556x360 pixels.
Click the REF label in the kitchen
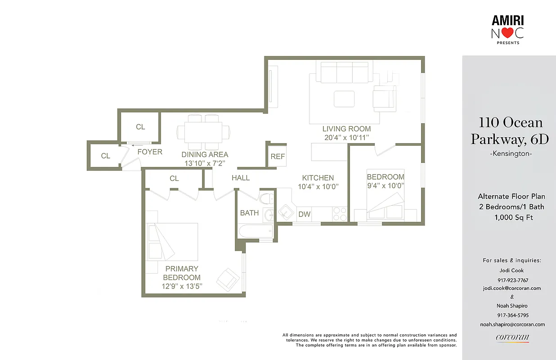[x=278, y=157]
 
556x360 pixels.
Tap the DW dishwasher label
[x=305, y=214]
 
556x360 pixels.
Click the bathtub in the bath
[x=256, y=232]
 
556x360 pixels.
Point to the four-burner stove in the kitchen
[x=340, y=214]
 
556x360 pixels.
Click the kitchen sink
[x=285, y=212]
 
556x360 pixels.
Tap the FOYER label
[x=150, y=152]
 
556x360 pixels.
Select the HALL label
[x=241, y=178]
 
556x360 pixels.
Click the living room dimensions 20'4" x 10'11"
[x=346, y=138]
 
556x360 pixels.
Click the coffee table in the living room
[x=344, y=99]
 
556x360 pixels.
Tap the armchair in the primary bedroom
[x=228, y=279]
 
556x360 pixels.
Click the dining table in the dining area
[x=203, y=132]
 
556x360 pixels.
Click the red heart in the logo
[x=508, y=33]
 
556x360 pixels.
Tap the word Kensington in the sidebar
[x=510, y=154]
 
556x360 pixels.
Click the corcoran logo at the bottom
[x=512, y=338]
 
